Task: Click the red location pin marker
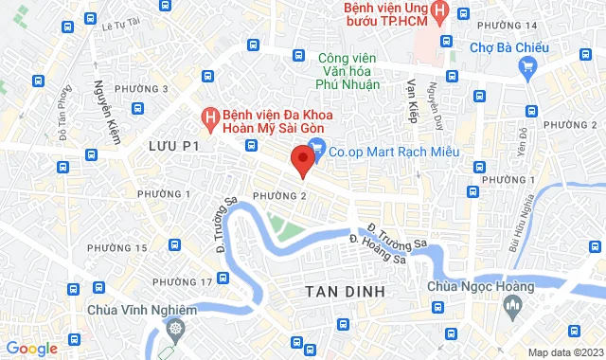(x=302, y=159)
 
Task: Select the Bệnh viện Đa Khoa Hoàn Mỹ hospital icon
(x=210, y=117)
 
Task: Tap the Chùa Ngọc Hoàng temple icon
(x=514, y=305)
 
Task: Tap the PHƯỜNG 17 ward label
(x=182, y=282)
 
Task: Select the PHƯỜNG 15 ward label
(x=116, y=247)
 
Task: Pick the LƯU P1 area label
(x=175, y=146)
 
